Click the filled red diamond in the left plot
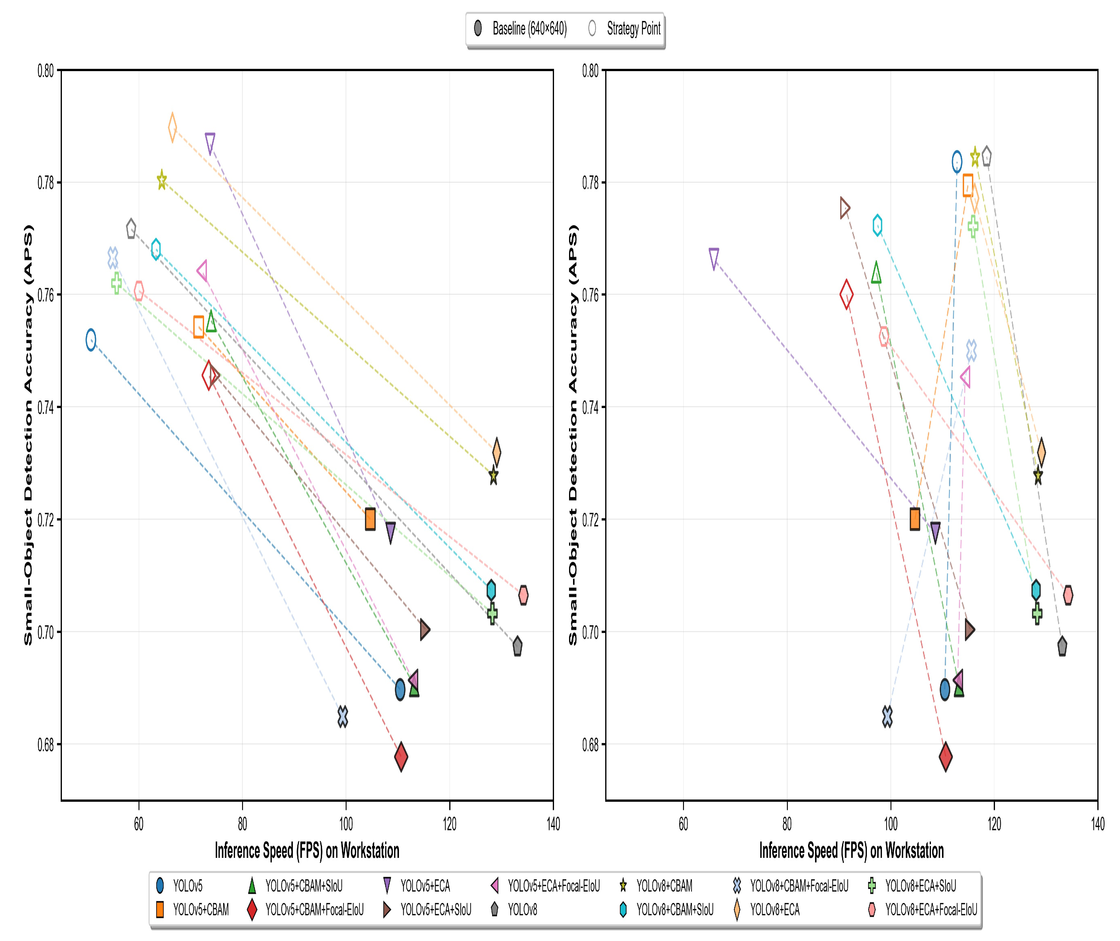tap(401, 756)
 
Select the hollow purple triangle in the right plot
tap(714, 258)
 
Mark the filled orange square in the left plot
tap(370, 519)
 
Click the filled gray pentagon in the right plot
tap(1062, 646)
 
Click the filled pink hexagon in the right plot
tap(1068, 595)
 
